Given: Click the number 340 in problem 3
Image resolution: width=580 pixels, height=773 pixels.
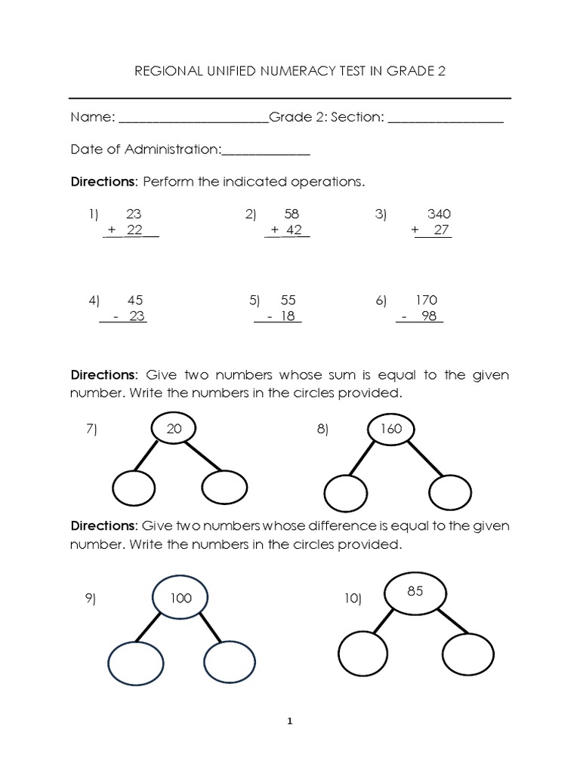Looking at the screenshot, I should [439, 214].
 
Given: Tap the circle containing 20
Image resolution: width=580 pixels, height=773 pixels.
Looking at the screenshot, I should [174, 429].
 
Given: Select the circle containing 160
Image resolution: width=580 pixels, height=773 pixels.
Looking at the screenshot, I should [391, 429].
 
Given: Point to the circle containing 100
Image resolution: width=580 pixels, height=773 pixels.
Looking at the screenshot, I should [180, 599].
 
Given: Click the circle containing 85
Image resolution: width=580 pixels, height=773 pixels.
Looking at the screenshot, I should [415, 593].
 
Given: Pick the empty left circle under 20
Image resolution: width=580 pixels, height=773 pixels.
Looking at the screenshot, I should [134, 488].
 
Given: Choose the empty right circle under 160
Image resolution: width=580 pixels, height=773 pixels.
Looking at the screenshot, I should [450, 491].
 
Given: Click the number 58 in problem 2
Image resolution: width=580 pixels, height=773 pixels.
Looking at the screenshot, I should [292, 214].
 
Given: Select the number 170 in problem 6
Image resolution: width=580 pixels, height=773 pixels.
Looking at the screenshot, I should [426, 300].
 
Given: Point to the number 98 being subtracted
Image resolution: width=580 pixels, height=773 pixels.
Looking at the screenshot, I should [430, 317].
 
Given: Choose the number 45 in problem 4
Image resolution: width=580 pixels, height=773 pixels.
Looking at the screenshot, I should [135, 300].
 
